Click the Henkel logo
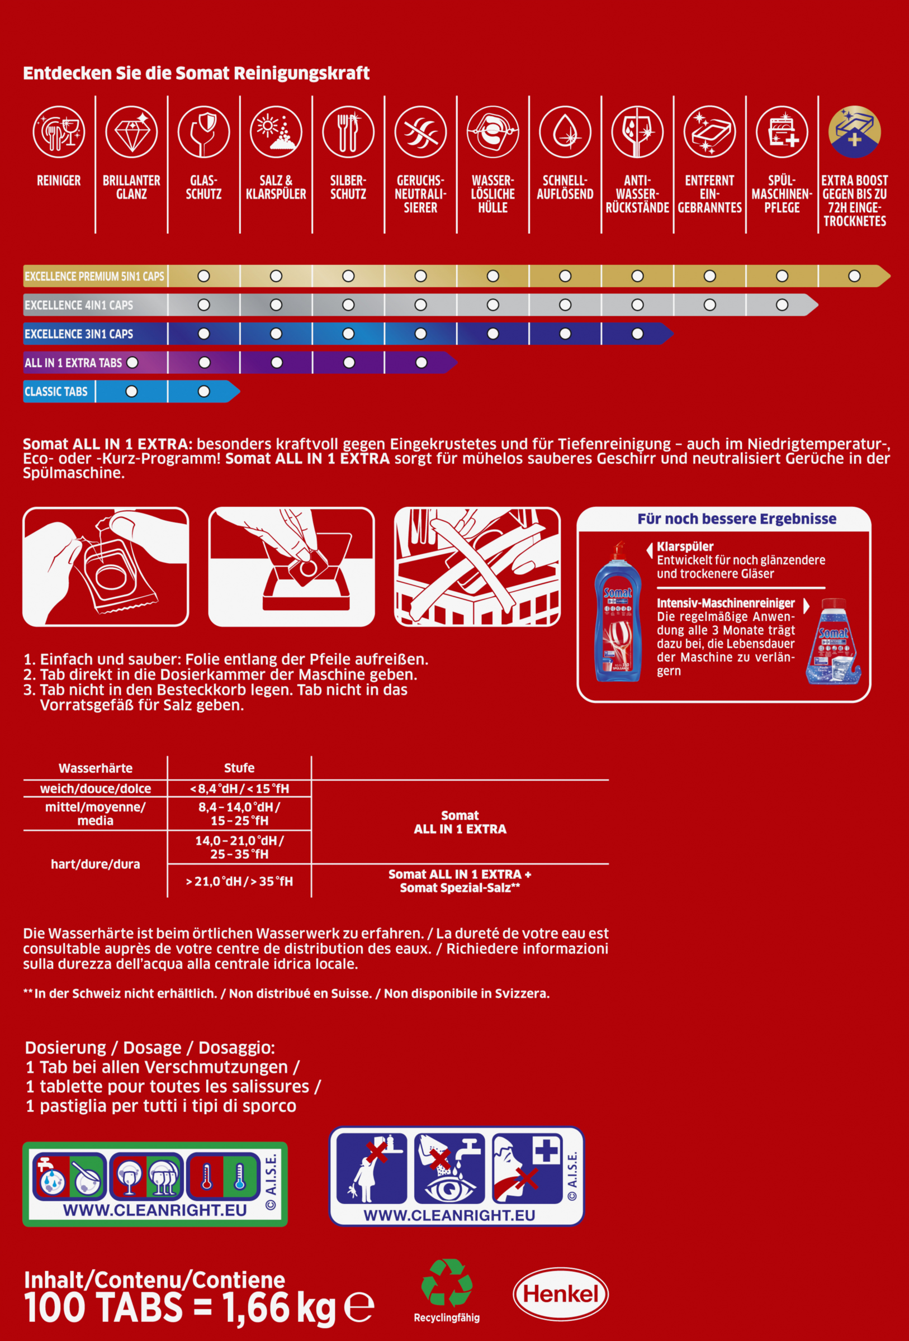point(560,1294)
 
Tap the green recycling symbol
point(447,1282)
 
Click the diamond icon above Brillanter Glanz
point(131,131)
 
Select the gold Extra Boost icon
point(854,131)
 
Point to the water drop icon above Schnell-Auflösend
point(565,131)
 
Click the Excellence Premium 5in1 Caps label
point(94,277)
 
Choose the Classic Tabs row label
point(56,392)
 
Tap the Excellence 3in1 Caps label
point(79,334)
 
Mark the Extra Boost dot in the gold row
point(854,277)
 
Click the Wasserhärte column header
point(95,768)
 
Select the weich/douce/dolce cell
point(95,789)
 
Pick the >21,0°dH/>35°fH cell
point(239,881)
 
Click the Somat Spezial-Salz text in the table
point(460,888)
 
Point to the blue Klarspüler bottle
point(617,614)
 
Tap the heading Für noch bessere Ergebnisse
point(736,519)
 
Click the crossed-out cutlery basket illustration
point(477,567)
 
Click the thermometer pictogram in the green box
point(222,1177)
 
